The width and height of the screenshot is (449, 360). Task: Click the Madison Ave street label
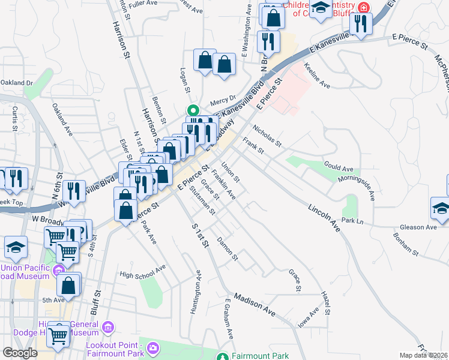point(254,305)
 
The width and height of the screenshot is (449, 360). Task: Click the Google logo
point(20,353)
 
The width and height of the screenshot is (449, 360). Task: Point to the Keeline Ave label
point(317,75)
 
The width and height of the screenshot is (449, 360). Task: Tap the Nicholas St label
point(267,135)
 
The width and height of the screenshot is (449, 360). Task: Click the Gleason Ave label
point(418,227)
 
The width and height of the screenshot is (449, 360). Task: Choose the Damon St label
point(228,249)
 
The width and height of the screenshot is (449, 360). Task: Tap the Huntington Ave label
point(195,293)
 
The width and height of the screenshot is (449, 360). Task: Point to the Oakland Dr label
point(16,82)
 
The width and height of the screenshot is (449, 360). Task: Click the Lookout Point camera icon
point(154,347)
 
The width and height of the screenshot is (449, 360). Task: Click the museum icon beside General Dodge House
point(108,328)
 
